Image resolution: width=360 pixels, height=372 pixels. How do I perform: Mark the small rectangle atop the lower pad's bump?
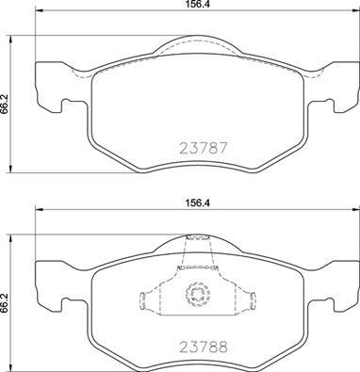tap(197, 240)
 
